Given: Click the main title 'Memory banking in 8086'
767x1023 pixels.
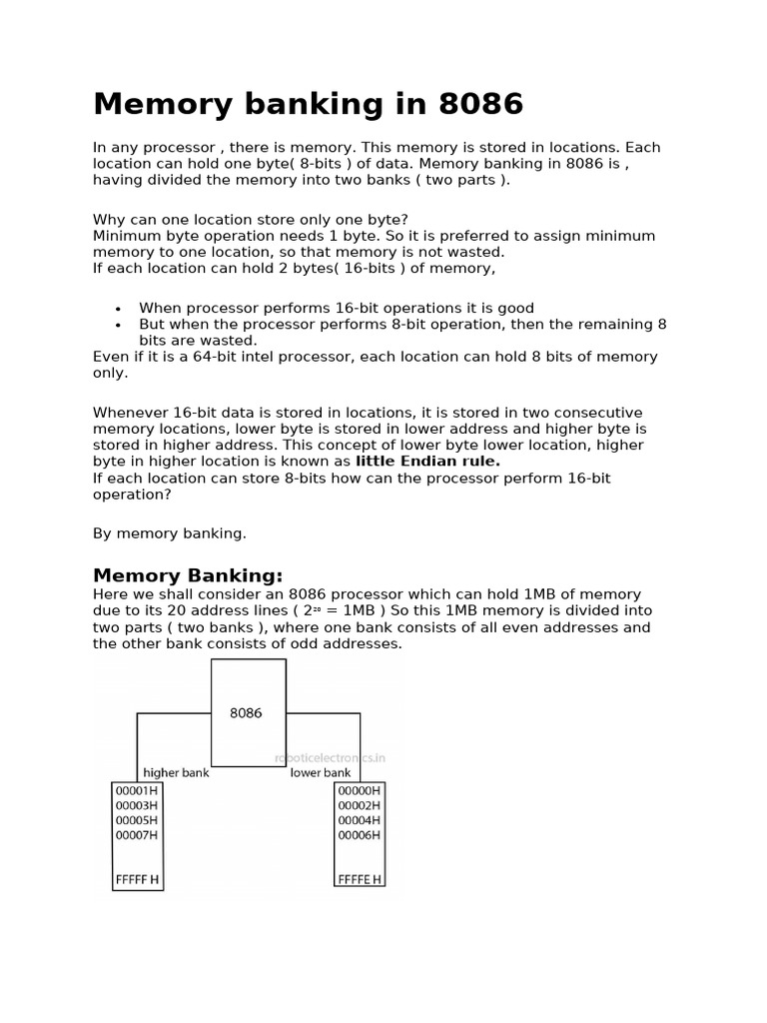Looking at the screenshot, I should (308, 104).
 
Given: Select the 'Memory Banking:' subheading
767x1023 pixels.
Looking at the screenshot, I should (188, 575).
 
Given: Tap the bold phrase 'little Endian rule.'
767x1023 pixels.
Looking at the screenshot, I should (427, 462).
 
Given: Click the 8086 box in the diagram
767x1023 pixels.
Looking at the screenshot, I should (247, 712).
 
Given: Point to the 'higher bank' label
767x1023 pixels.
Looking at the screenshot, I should (176, 772).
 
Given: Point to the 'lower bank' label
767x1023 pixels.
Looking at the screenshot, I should (321, 772).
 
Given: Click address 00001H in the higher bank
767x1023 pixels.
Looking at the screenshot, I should (137, 790).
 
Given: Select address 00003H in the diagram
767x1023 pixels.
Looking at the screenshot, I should (137, 805).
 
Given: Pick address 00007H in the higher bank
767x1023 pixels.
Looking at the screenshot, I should (137, 835).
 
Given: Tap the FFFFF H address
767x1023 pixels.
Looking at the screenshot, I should (138, 880).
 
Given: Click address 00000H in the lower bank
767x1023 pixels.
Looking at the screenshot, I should (359, 790).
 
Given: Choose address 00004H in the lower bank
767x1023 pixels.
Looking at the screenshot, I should (359, 820).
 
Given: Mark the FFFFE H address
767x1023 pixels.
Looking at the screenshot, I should (360, 880).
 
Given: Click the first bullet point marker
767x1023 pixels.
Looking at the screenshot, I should (118, 309).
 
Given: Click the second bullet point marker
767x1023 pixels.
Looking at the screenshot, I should (118, 325).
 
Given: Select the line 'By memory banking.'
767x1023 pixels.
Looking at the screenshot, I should (170, 533).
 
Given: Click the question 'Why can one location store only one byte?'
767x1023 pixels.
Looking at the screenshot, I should (251, 220).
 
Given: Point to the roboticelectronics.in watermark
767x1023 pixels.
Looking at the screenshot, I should (330, 758).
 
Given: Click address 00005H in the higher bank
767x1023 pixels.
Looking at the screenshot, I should (137, 820).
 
